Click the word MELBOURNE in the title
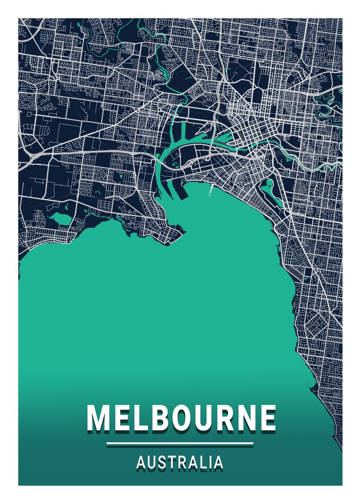click(181, 418)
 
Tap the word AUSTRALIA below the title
click(180, 462)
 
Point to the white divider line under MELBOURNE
click(180, 443)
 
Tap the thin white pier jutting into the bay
click(211, 190)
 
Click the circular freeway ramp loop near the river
click(208, 158)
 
